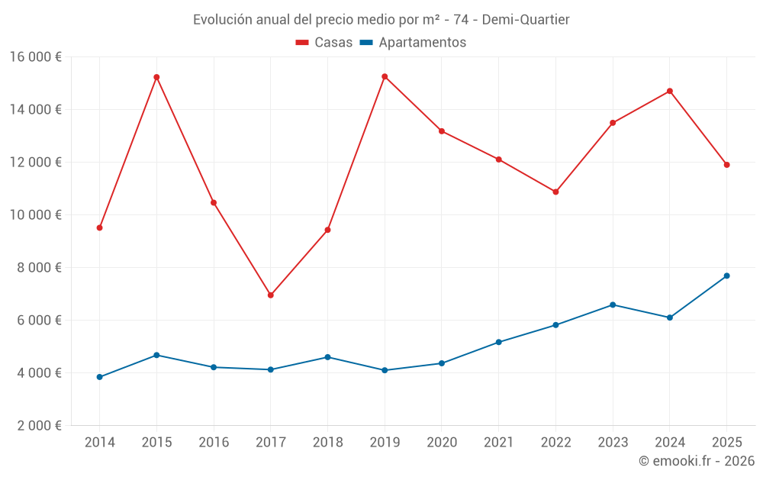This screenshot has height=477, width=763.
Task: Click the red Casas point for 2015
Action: point(156,77)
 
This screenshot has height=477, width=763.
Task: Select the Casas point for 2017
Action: point(271,295)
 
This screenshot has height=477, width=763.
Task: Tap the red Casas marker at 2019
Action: point(385,76)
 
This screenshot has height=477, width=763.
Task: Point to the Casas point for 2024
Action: point(670,91)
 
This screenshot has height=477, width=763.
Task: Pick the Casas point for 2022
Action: point(555,192)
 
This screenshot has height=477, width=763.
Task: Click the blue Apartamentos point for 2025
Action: point(726,276)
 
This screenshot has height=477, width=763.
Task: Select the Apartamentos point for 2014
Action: point(100,377)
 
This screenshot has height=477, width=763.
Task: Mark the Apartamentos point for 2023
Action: point(613,305)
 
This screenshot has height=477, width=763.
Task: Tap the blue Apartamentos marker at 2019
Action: point(385,370)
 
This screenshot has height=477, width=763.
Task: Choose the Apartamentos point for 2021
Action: point(499,342)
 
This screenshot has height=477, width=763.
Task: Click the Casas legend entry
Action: point(324,43)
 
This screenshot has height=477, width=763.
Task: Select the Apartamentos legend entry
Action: point(413,43)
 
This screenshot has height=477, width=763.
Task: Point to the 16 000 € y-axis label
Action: point(36,56)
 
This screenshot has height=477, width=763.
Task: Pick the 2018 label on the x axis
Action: point(327,443)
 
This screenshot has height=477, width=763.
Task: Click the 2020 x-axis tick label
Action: point(442,443)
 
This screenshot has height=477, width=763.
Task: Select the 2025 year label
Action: point(726,443)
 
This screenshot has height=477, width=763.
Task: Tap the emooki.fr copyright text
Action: point(696,461)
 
